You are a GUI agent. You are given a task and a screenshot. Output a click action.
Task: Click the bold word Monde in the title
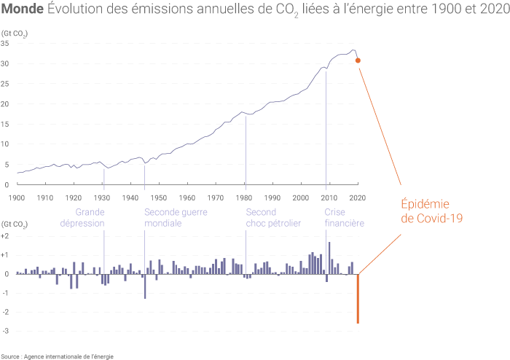tap(23, 9)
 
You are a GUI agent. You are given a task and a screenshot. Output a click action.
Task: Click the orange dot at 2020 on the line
tap(358, 60)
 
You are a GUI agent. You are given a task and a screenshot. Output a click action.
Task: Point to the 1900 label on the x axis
tap(17, 197)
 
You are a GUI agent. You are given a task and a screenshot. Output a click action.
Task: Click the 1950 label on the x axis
tap(159, 197)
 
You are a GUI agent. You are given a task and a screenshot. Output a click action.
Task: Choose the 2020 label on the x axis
tap(357, 197)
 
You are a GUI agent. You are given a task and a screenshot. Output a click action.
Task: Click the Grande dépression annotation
tap(85, 217)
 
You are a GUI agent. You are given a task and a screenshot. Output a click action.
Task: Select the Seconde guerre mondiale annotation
tap(173, 217)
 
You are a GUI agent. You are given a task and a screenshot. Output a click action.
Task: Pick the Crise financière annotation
tap(344, 217)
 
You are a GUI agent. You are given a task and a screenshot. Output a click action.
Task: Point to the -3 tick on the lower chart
tap(5, 331)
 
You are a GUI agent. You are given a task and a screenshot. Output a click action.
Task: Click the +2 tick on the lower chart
tap(5, 237)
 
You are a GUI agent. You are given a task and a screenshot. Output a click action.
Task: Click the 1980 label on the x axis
tap(244, 197)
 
